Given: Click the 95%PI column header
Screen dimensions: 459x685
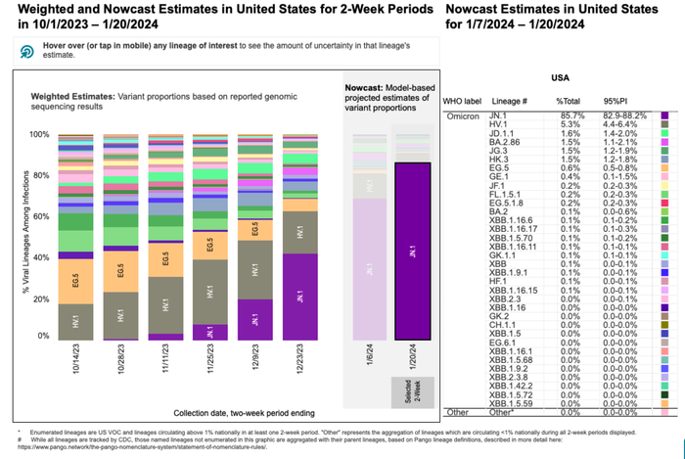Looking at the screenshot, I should (x=617, y=102).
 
